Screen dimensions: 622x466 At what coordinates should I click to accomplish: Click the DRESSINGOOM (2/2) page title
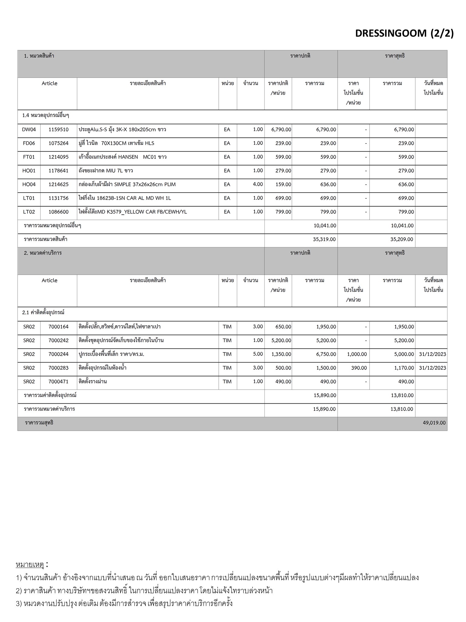(x=404, y=33)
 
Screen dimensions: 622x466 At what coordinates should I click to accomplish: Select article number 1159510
(x=59, y=130)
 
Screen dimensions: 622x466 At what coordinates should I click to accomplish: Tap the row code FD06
(x=29, y=143)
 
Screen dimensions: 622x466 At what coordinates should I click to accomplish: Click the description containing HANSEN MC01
(x=123, y=157)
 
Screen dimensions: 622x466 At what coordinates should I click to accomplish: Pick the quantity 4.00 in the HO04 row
(x=258, y=184)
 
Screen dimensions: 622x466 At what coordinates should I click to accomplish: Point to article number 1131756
(x=59, y=198)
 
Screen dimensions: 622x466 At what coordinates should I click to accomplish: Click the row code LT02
(x=29, y=212)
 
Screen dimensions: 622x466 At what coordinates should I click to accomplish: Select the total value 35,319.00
(x=324, y=239)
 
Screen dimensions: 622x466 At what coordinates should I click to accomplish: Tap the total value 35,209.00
(x=401, y=239)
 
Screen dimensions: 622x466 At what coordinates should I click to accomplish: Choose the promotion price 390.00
(x=359, y=368)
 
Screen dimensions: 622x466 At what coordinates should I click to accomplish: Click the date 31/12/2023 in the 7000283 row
(x=432, y=368)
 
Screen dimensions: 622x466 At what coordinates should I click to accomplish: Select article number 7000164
(x=59, y=327)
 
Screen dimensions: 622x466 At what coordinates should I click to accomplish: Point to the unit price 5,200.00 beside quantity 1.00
(x=281, y=340)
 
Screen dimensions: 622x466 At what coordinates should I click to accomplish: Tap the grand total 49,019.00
(x=434, y=423)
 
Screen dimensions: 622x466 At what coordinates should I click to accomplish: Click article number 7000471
(x=59, y=381)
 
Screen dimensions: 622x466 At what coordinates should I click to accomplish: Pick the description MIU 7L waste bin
(x=106, y=171)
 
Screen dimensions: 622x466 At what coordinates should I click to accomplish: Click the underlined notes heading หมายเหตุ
(x=30, y=565)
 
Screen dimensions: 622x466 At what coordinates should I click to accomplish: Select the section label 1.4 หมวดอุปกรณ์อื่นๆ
(x=46, y=116)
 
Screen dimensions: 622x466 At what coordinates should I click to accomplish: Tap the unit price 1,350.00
(x=281, y=354)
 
